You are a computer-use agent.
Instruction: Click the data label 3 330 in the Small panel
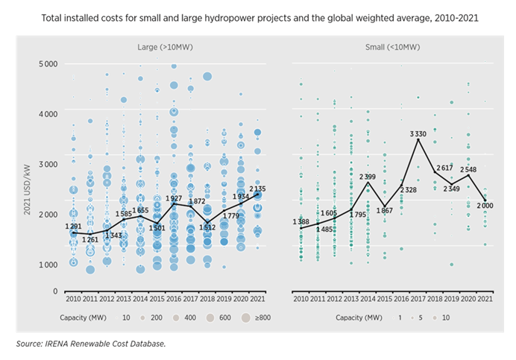[x=418, y=133]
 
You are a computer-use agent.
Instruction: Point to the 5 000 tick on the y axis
[x=48, y=64]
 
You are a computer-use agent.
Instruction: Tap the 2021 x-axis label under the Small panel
[x=485, y=298]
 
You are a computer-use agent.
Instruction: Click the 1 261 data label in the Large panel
[x=90, y=239]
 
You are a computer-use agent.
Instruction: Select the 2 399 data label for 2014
[x=368, y=177]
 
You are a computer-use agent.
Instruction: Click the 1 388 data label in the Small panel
[x=301, y=221]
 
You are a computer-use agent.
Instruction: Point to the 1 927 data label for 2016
[x=173, y=199]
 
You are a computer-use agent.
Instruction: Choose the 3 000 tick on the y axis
[x=48, y=164]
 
